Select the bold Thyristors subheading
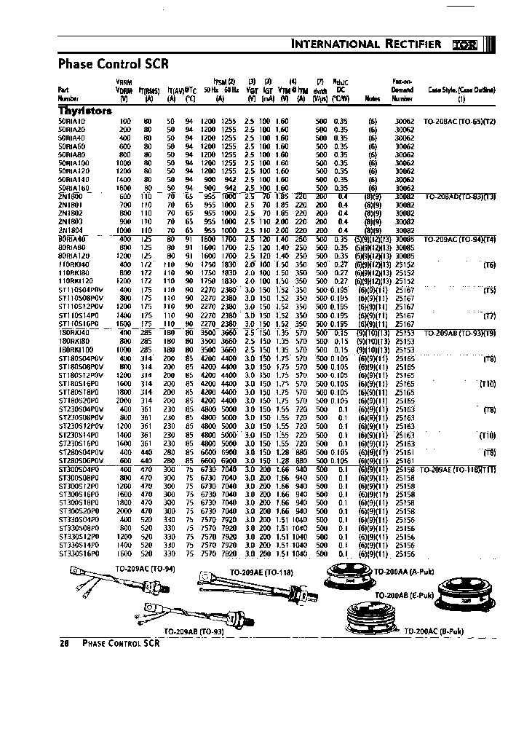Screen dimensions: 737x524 click(x=84, y=111)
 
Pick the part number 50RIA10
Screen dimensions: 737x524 click(x=71, y=120)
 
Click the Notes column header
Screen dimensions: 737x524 click(x=373, y=97)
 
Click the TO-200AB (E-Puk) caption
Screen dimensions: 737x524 click(x=404, y=595)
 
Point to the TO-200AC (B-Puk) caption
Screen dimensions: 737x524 click(x=434, y=630)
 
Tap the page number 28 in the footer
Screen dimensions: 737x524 click(x=63, y=644)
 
